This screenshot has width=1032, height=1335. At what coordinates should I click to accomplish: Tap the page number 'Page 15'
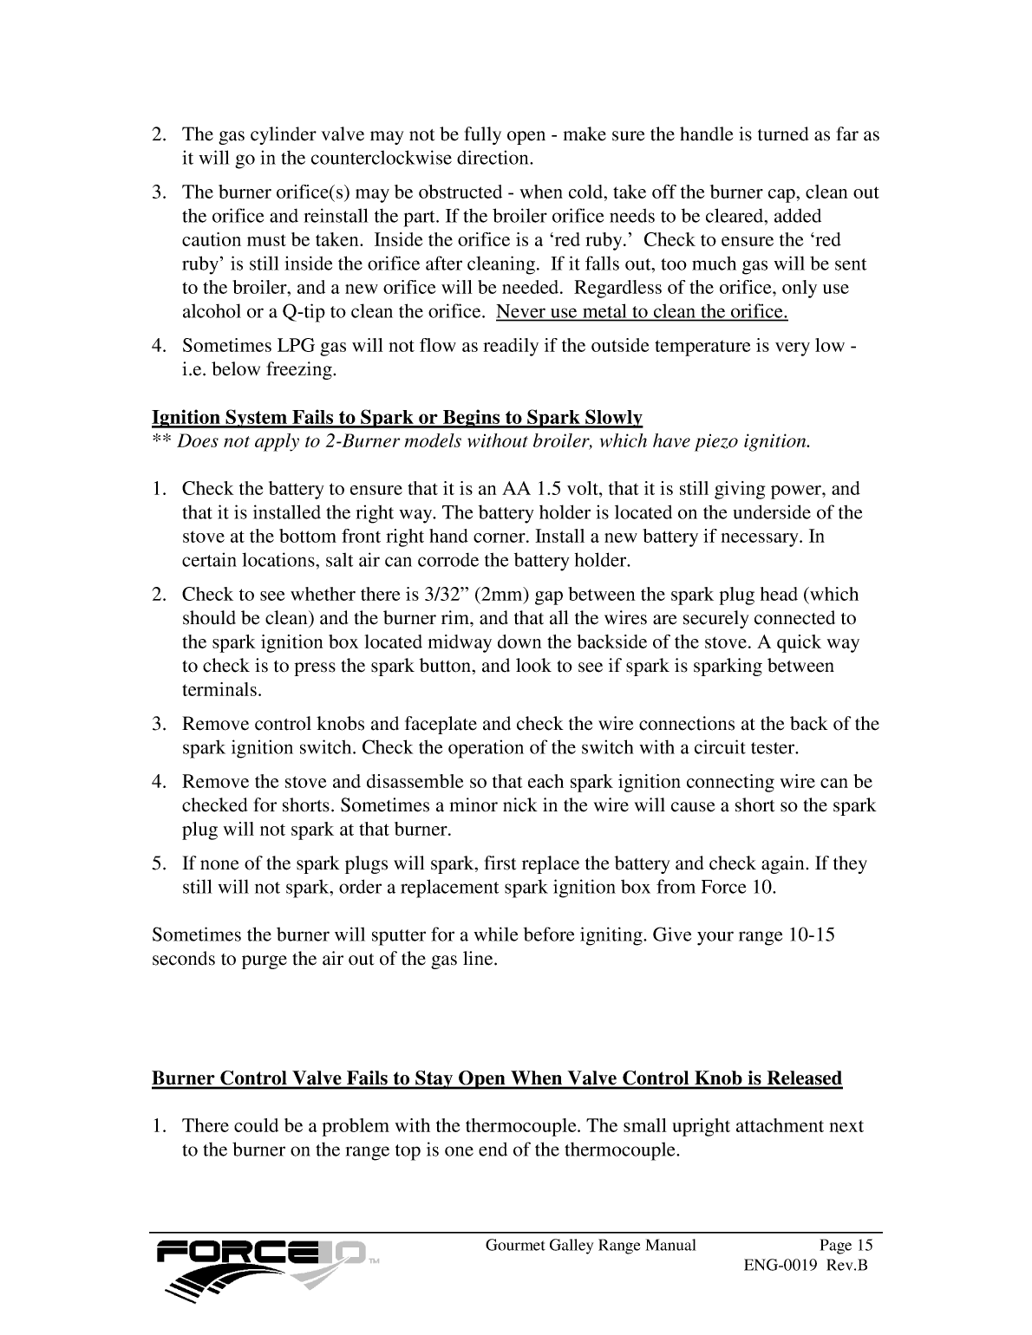846,1246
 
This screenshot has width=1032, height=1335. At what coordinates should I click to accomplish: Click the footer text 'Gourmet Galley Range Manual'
591,1246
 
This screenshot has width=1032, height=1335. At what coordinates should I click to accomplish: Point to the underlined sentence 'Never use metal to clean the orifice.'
643,312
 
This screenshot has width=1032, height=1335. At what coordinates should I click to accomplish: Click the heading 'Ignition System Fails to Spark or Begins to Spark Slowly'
397,418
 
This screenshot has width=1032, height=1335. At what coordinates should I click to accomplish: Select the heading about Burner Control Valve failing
497,1078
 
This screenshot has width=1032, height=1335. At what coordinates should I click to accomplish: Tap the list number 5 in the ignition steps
158,864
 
